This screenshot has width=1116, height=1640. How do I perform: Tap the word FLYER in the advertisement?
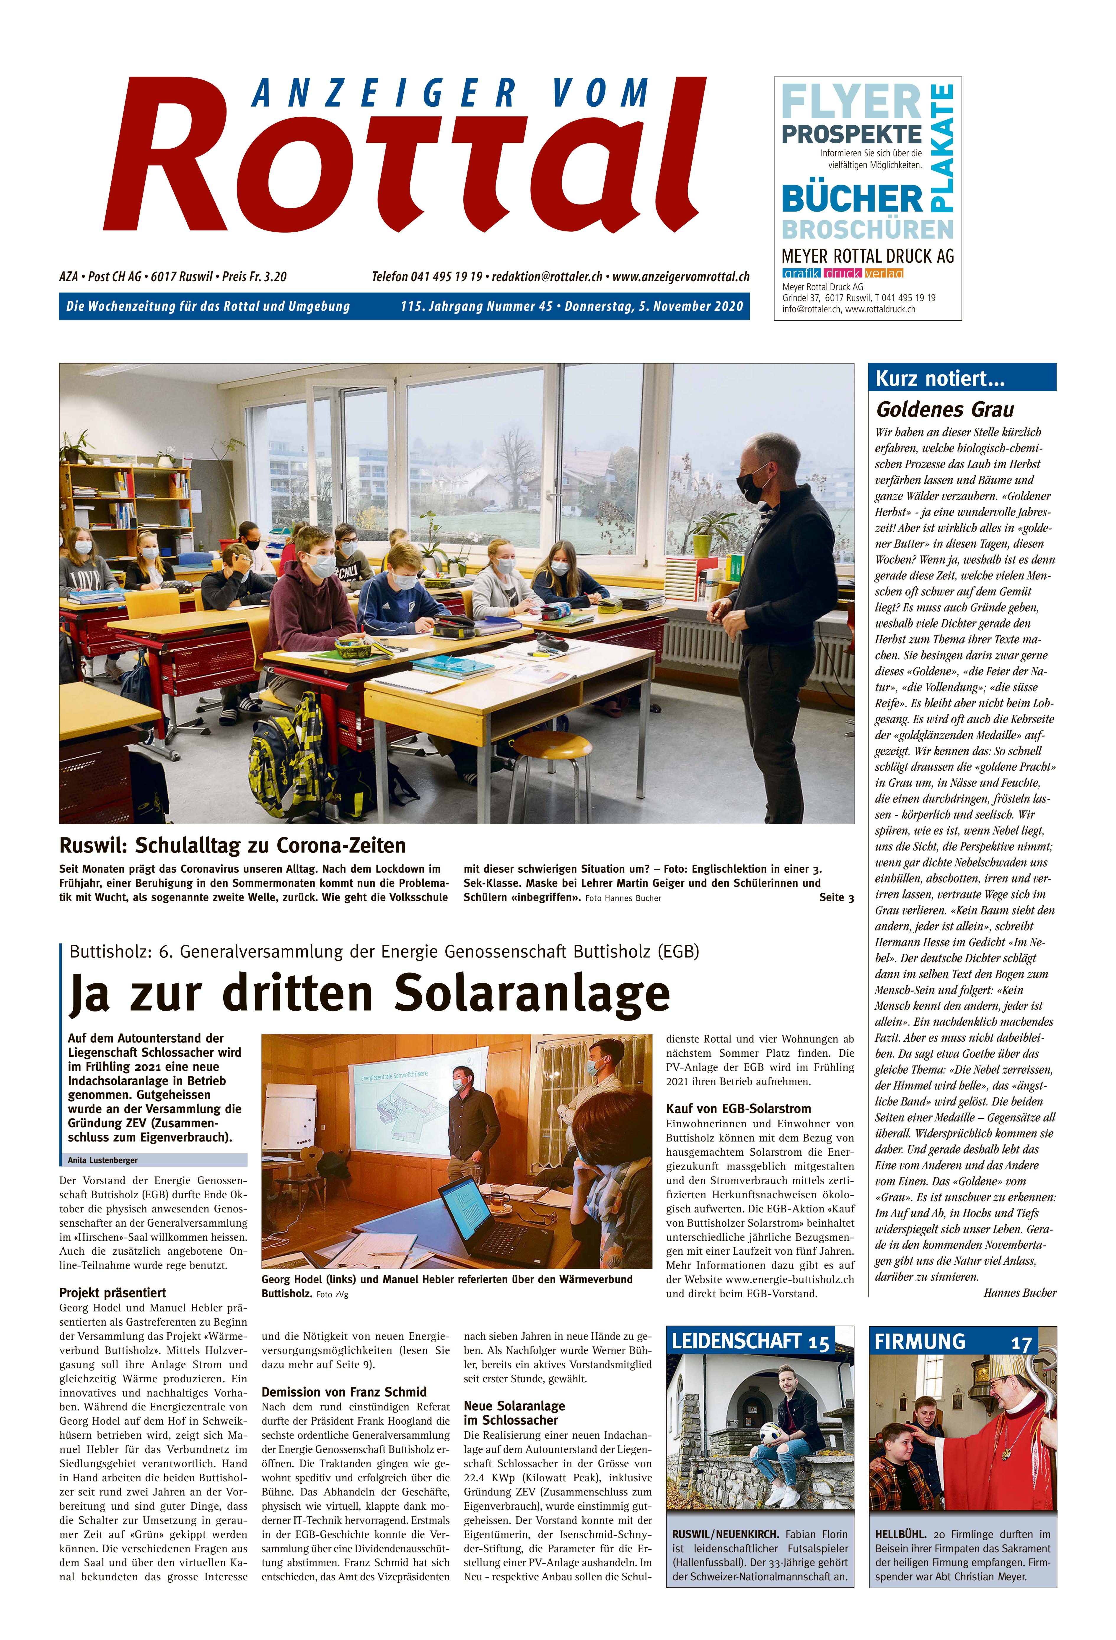[x=851, y=102]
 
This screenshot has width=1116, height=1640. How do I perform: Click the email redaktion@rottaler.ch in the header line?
[x=547, y=277]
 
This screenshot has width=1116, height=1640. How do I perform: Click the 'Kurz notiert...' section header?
[x=940, y=379]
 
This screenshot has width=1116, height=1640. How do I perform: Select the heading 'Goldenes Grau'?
[x=945, y=409]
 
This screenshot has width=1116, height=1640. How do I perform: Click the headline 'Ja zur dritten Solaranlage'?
[x=369, y=993]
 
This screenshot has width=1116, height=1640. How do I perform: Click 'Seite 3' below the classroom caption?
[x=836, y=898]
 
